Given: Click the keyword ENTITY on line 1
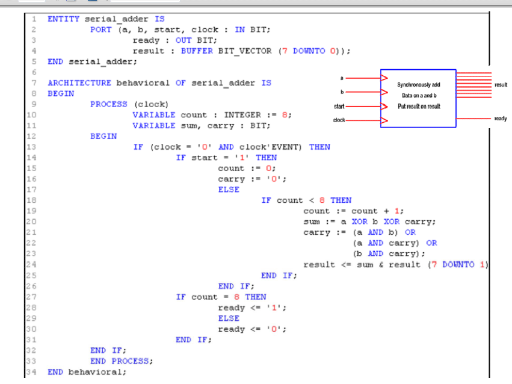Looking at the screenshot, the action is [x=63, y=19].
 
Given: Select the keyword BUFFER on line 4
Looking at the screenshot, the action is [x=197, y=51].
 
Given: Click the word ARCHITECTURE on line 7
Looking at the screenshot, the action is [x=79, y=83].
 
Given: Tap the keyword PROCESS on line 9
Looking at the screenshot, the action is [x=109, y=104].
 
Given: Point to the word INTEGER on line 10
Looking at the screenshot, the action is [x=242, y=115].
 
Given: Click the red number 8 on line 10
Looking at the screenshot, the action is [x=285, y=115].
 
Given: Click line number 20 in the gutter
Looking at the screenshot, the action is [x=31, y=221].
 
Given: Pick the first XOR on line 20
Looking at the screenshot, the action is [x=360, y=221].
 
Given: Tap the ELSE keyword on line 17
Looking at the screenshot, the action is [x=229, y=190].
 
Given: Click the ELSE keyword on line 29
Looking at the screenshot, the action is [x=229, y=318].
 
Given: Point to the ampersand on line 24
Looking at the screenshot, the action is [x=381, y=264].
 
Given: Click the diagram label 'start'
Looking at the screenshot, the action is [x=339, y=107].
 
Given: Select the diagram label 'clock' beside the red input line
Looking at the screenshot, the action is [x=339, y=120].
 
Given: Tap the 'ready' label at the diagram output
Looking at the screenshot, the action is [x=501, y=119].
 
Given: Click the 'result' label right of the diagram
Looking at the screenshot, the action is [x=501, y=85].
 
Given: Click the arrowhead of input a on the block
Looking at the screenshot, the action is [x=384, y=78].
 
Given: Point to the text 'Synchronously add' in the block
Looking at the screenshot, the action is [x=419, y=85].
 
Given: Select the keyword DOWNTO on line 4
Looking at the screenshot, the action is [x=309, y=51].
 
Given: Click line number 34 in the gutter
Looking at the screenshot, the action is [x=31, y=371].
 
